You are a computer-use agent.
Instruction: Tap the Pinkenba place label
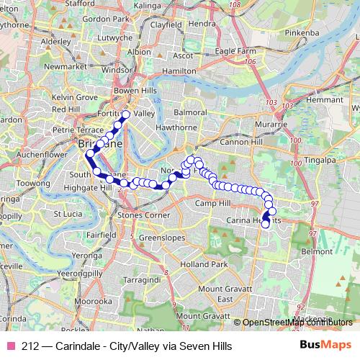coord(302,33)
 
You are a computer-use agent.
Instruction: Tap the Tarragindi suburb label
coord(140,278)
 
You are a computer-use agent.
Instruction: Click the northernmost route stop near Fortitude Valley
coord(125,114)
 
